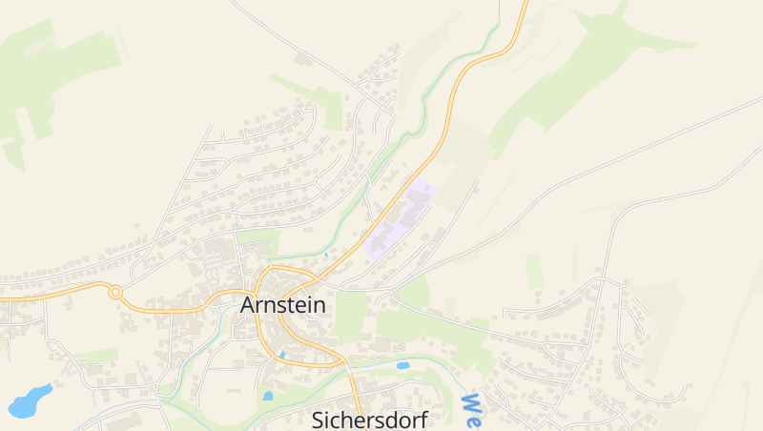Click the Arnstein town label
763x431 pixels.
(x=283, y=305)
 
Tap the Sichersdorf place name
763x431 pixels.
(x=370, y=420)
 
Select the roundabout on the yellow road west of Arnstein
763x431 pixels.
(x=115, y=293)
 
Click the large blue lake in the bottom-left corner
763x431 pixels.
(x=30, y=401)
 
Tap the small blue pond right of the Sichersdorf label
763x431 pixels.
(x=402, y=365)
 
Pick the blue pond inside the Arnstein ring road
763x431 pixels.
(x=282, y=355)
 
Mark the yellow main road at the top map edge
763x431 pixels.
(x=524, y=5)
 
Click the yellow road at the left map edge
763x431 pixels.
(x=4, y=298)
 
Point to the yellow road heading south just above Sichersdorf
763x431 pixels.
(x=354, y=386)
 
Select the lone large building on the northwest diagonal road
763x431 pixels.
(x=303, y=60)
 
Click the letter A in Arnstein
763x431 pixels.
(x=250, y=305)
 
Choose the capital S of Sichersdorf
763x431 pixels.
(x=320, y=420)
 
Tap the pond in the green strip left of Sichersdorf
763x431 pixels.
(x=268, y=396)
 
